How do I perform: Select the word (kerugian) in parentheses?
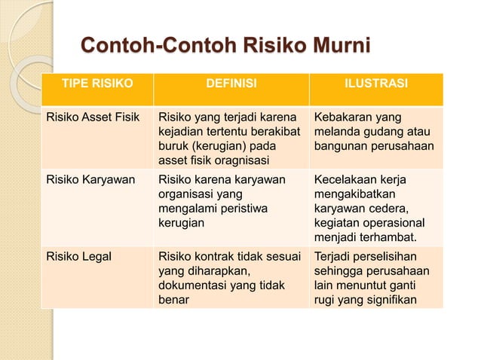click(x=219, y=145)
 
